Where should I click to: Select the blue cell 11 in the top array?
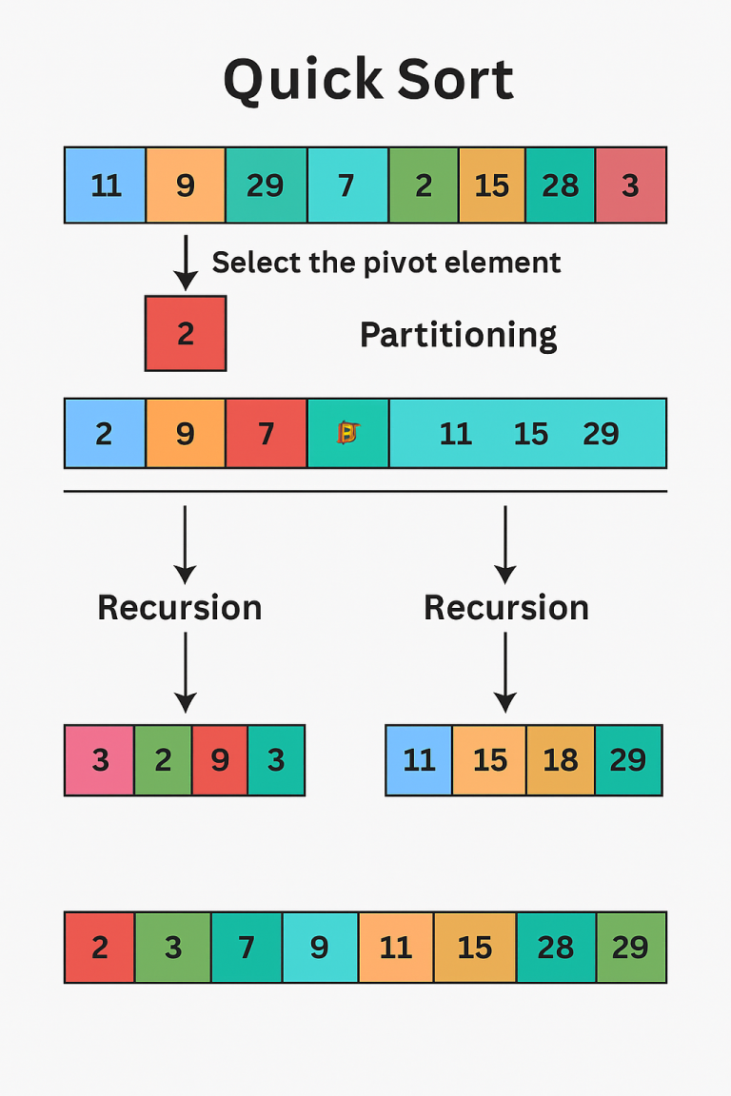pyautogui.click(x=105, y=185)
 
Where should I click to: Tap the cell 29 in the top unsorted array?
pyautogui.click(x=266, y=185)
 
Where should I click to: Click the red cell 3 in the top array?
pyautogui.click(x=630, y=185)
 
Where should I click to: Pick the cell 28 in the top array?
pyautogui.click(x=560, y=185)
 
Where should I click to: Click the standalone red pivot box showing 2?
pyautogui.click(x=186, y=333)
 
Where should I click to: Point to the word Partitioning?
pyautogui.click(x=458, y=335)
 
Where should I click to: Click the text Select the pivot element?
pyautogui.click(x=385, y=262)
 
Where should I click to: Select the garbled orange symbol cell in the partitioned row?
pyautogui.click(x=347, y=434)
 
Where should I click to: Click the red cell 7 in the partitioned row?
pyautogui.click(x=267, y=434)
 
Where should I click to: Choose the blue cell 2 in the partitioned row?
pyautogui.click(x=105, y=434)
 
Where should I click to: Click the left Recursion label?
pyautogui.click(x=180, y=607)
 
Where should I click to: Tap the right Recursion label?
pyautogui.click(x=505, y=607)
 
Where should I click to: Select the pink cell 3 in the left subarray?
pyautogui.click(x=99, y=760)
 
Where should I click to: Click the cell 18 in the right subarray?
pyautogui.click(x=560, y=760)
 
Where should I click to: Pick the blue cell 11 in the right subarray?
pyautogui.click(x=419, y=760)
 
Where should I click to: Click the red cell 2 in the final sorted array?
pyautogui.click(x=99, y=948)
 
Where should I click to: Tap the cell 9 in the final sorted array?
pyautogui.click(x=320, y=948)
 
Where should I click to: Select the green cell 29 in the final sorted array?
pyautogui.click(x=631, y=948)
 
